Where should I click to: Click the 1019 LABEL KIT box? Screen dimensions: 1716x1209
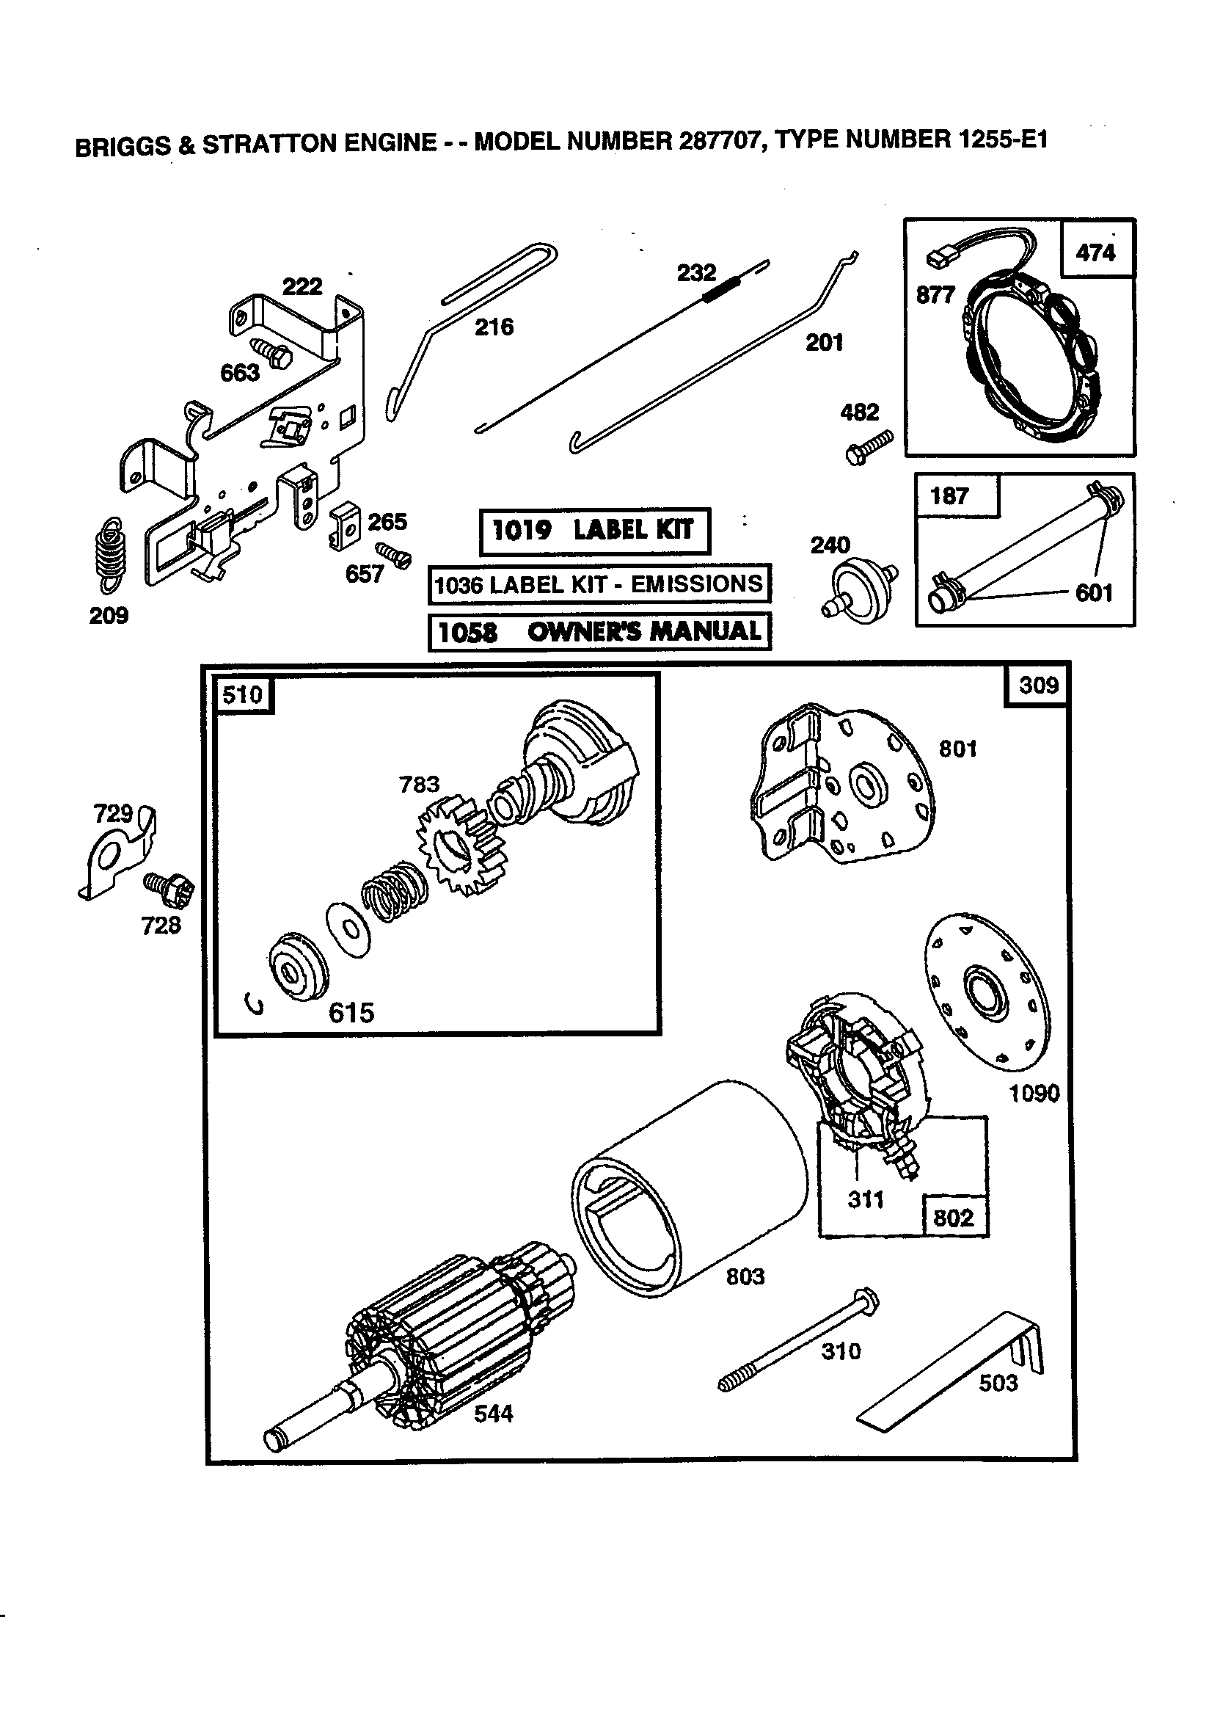pos(594,531)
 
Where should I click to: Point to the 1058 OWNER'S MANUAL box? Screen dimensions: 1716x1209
pos(599,631)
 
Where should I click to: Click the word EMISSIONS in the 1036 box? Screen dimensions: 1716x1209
pos(696,583)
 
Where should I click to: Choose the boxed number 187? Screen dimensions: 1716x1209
pos(949,495)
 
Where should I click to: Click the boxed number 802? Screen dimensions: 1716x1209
pos(954,1218)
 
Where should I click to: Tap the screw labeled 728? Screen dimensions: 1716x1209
pos(169,889)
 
